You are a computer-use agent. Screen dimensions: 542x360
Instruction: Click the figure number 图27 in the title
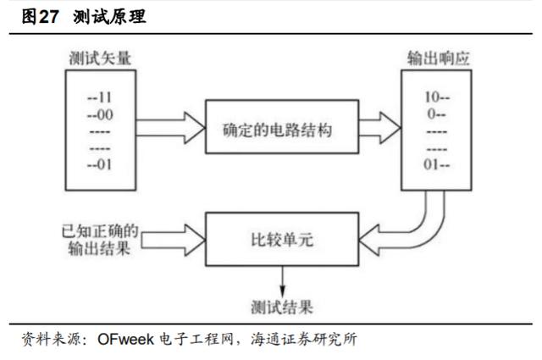click(40, 17)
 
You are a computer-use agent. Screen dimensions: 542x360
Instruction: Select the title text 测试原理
click(109, 17)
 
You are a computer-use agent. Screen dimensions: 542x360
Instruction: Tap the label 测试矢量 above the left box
click(100, 58)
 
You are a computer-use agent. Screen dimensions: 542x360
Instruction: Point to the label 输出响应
click(439, 58)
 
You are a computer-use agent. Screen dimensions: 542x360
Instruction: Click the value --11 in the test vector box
click(100, 97)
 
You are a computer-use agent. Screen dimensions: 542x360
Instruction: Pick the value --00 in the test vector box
click(100, 115)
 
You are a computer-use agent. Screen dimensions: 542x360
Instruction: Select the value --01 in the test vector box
click(100, 164)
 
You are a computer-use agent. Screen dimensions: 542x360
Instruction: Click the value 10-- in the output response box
click(437, 97)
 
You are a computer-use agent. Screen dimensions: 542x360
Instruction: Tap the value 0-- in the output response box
click(436, 114)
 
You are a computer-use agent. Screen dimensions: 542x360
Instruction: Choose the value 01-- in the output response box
click(437, 164)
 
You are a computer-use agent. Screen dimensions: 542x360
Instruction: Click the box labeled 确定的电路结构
click(282, 126)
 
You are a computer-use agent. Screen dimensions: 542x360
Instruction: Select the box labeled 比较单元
click(282, 240)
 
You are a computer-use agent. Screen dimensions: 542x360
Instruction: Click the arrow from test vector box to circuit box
click(171, 128)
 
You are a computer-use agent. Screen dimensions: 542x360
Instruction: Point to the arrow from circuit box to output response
click(380, 128)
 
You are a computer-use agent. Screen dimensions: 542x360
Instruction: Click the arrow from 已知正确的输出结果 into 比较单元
click(174, 240)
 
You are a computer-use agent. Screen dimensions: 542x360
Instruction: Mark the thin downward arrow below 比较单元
click(282, 281)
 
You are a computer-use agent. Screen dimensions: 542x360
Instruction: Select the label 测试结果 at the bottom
click(282, 307)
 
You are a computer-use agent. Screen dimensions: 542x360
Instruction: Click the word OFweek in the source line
click(126, 340)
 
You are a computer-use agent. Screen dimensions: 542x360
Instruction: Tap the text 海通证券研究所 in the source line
click(304, 340)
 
